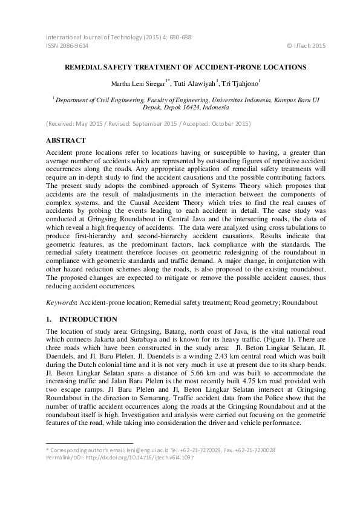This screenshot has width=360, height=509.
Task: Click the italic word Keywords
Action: click(61, 301)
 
